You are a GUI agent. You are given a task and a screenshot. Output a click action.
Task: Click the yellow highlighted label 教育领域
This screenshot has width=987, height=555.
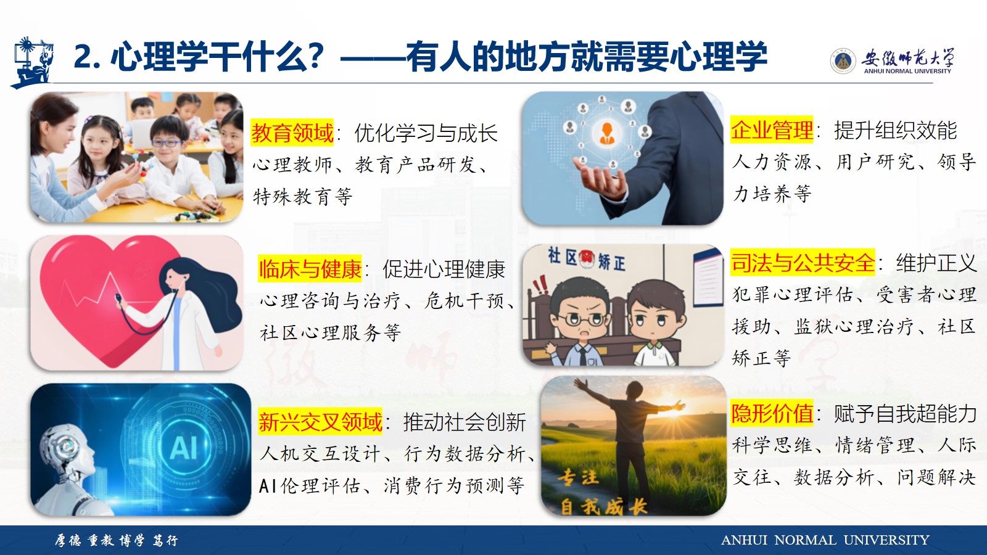click(x=292, y=133)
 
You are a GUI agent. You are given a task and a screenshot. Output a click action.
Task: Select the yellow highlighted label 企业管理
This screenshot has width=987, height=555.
click(x=772, y=130)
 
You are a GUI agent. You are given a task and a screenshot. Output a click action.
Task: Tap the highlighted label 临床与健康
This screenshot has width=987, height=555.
click(x=310, y=269)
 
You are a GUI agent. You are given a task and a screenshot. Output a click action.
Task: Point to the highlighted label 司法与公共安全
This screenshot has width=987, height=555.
click(x=803, y=263)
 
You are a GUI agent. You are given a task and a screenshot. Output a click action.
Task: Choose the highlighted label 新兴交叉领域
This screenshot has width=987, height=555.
click(x=320, y=422)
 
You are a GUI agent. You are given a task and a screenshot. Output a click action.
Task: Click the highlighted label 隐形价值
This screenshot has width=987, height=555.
click(x=772, y=413)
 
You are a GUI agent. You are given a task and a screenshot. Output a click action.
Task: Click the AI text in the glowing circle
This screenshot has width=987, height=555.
click(x=183, y=448)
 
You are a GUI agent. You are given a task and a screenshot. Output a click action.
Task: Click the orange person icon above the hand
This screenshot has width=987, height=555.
click(x=607, y=133)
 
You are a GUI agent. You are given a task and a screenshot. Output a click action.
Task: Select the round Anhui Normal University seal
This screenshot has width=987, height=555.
click(x=843, y=61)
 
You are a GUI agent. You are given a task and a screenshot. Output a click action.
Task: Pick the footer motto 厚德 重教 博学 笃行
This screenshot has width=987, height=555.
click(x=117, y=540)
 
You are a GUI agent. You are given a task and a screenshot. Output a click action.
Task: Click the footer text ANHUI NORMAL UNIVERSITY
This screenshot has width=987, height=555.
click(x=825, y=540)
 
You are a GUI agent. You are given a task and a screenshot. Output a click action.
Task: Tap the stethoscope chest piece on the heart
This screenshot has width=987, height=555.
click(x=118, y=298)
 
